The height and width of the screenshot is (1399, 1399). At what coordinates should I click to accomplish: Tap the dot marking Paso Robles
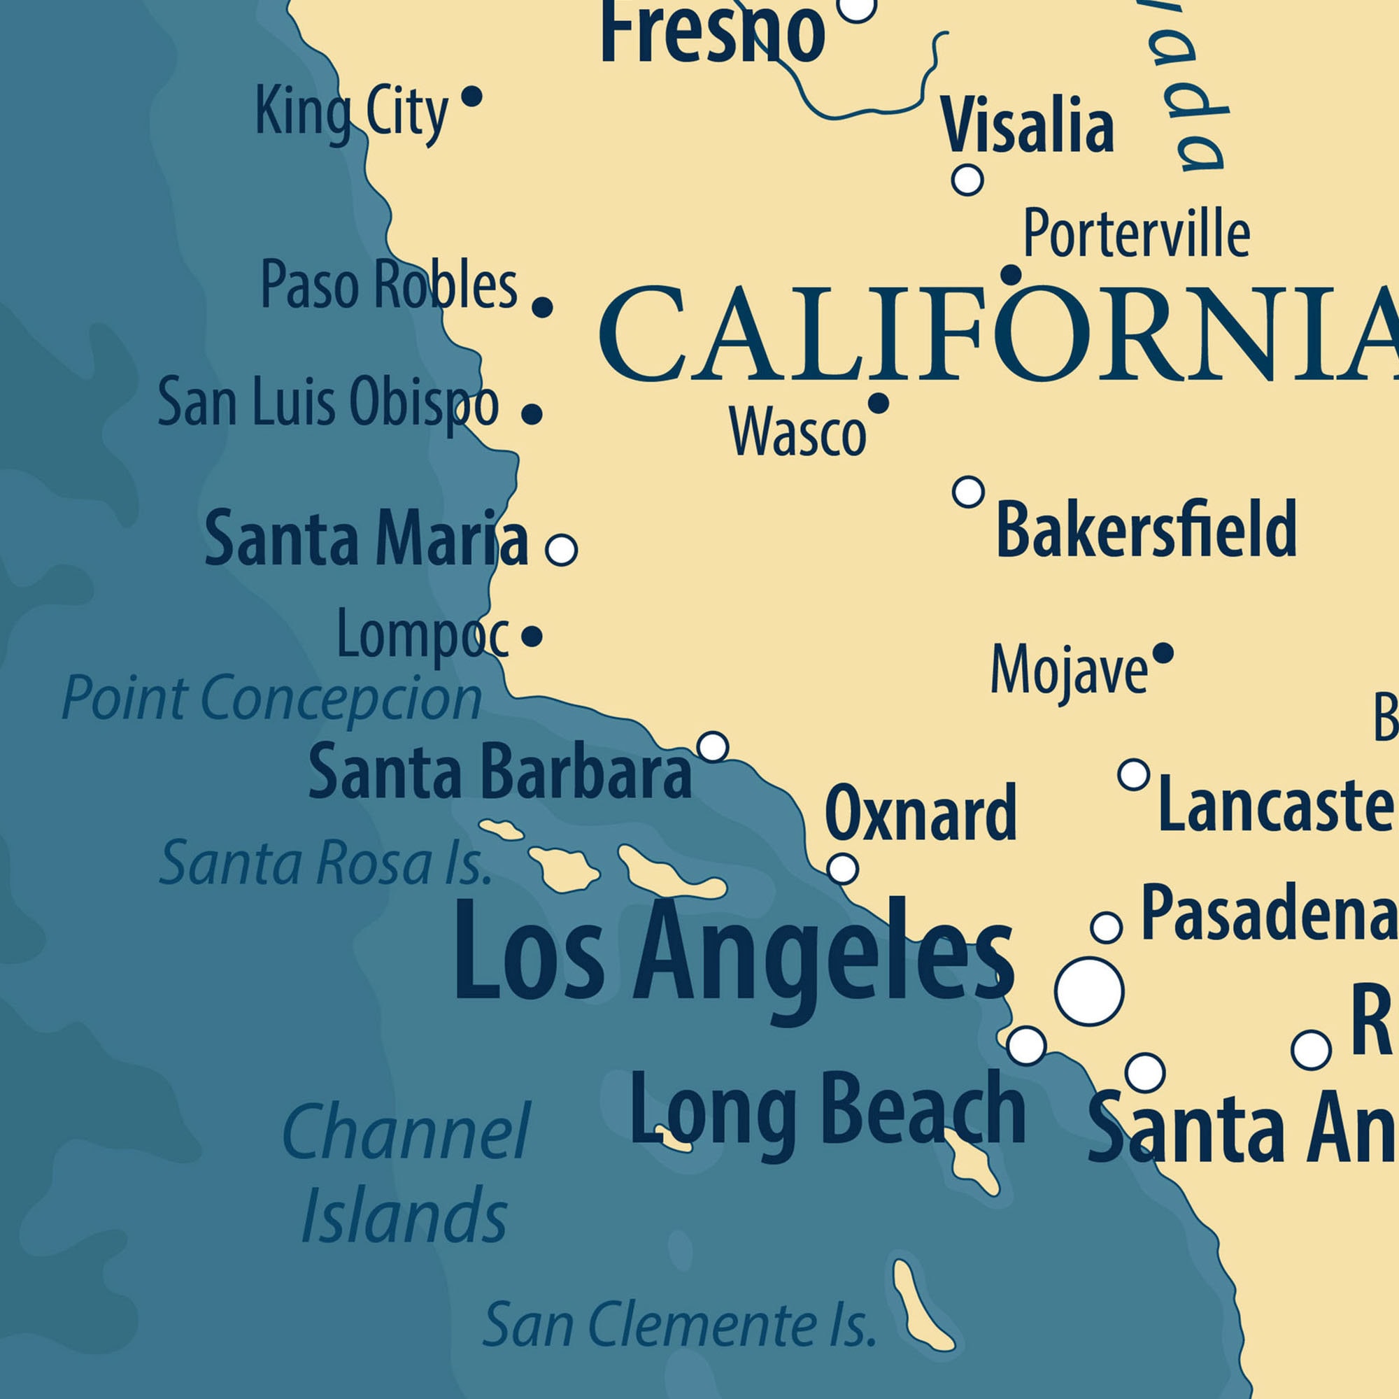[542, 307]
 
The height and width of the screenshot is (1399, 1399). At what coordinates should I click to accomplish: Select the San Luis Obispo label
[328, 403]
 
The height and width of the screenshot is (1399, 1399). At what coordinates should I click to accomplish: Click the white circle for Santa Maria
[561, 550]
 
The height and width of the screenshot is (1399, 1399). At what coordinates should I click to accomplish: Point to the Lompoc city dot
[532, 637]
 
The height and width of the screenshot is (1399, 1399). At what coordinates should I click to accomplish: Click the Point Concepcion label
[271, 698]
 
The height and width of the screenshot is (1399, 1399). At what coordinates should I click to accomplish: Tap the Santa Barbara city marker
[713, 746]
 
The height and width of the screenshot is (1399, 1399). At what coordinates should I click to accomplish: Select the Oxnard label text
[921, 814]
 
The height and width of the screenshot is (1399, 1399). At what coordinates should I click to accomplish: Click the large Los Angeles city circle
[1089, 991]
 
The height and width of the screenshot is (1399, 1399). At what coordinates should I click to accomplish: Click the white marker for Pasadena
[1106, 927]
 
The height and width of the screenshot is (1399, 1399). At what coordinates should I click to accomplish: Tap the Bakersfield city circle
[968, 492]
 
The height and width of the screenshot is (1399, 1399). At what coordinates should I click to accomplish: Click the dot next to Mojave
[1163, 654]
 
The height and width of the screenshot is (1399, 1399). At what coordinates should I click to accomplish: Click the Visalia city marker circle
[967, 179]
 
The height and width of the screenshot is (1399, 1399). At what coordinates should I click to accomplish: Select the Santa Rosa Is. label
[326, 863]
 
